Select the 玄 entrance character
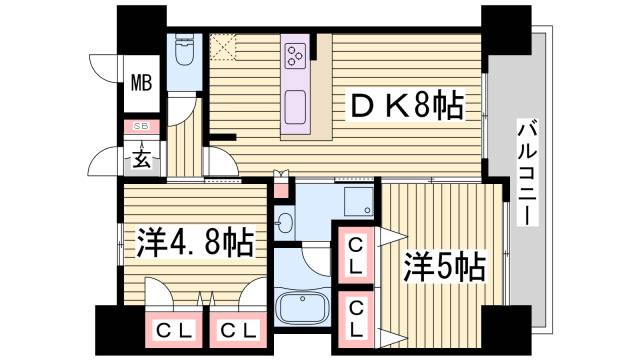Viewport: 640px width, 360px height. tap(141, 158)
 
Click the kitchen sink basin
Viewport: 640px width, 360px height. tap(296, 104)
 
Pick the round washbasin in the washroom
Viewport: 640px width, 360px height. tap(285, 222)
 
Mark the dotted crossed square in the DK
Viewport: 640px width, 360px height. tap(222, 47)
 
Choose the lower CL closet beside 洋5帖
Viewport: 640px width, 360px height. tap(354, 320)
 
